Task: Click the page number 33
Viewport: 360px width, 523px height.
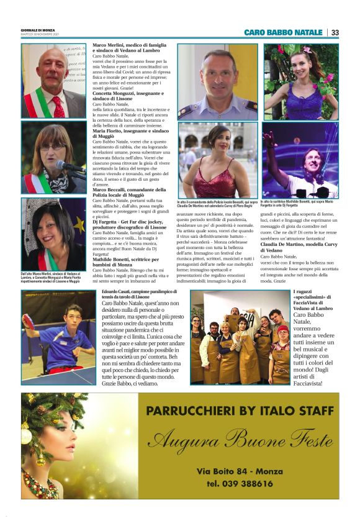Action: coord(335,32)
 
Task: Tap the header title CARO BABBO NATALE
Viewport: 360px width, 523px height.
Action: coord(283,32)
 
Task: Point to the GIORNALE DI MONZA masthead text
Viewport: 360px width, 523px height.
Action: coord(38,30)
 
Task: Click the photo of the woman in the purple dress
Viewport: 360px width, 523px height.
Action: coord(300,81)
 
